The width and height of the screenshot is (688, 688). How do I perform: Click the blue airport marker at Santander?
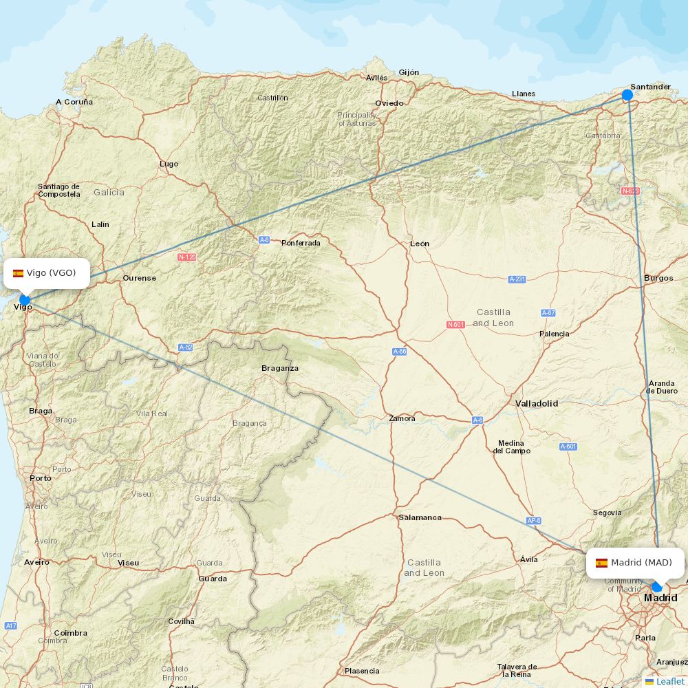627,95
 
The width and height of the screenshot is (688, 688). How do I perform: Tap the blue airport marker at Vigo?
25,300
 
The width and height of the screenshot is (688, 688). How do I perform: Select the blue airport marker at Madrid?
656,587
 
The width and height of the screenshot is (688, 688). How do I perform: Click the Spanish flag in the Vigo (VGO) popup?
19,273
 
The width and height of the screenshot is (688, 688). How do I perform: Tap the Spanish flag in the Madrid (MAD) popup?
601,563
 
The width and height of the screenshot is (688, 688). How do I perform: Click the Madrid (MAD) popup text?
641,563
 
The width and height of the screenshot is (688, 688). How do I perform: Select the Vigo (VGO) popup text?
52,273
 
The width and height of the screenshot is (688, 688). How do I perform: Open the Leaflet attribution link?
669,681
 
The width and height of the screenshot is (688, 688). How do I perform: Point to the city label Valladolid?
537,403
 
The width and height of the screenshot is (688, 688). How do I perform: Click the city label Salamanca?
420,517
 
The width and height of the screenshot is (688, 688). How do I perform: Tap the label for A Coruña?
74,102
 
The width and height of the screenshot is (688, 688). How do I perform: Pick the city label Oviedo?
389,103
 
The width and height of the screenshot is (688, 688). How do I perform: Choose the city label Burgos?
658,278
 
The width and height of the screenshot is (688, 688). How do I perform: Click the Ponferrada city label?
301,243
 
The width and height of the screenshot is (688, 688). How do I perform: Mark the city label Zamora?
402,418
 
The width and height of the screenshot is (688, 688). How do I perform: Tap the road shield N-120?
187,257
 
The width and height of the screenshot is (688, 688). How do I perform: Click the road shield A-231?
517,279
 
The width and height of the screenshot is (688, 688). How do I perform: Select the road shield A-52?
185,347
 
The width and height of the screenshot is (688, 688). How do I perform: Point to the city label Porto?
41,477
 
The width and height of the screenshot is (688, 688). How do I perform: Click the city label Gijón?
409,72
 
